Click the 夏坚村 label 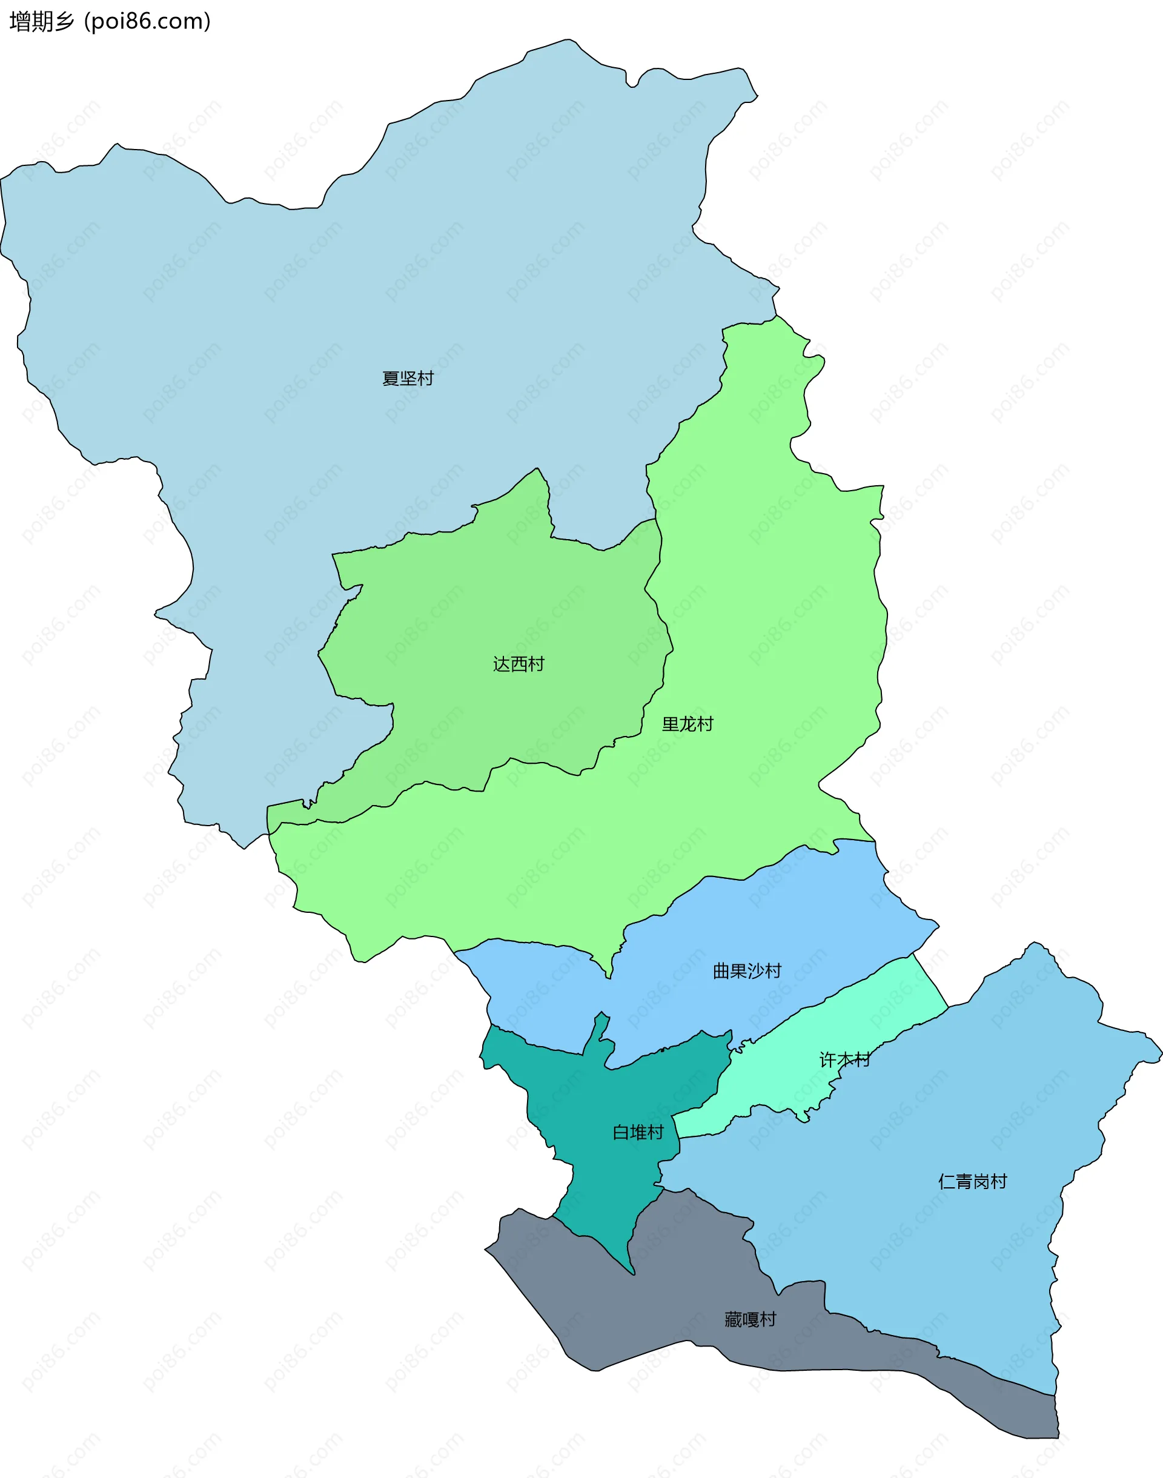(408, 378)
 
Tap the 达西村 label (519, 664)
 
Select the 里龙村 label (688, 724)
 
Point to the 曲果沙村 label (747, 971)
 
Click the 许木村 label (844, 1060)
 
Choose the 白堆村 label (638, 1132)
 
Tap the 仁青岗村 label (972, 1181)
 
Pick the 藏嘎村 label (750, 1319)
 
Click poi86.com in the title (147, 22)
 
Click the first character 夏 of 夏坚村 (391, 378)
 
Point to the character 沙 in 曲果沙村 (756, 971)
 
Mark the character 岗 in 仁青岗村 (981, 1181)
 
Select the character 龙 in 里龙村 (688, 724)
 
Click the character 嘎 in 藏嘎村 (750, 1319)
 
